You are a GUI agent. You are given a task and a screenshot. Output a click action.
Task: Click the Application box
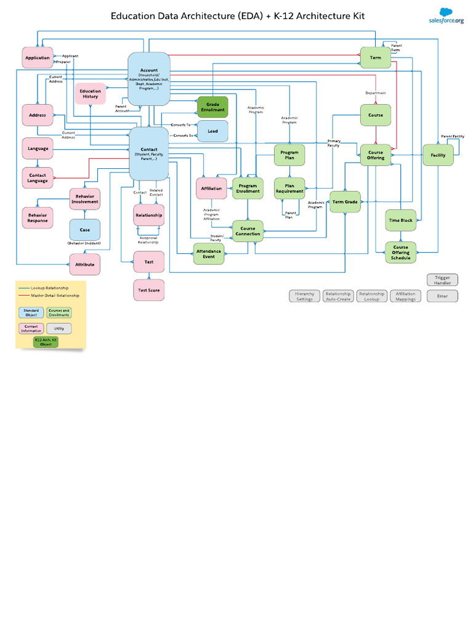coord(38,58)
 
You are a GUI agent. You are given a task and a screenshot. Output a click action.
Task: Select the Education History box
coord(91,94)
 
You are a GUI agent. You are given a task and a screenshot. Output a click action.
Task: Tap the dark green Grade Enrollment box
coord(212,107)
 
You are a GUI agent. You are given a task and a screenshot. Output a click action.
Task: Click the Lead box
coord(212,131)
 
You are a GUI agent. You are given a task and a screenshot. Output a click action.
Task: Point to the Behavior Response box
coord(37,217)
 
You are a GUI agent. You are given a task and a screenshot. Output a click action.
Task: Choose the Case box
coord(85,230)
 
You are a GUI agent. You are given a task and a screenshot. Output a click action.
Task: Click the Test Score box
coord(149,290)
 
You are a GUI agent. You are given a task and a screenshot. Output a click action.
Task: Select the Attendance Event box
coord(209,254)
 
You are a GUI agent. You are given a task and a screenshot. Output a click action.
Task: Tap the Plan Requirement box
coord(289,189)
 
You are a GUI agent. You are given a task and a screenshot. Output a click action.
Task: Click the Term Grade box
coord(345,202)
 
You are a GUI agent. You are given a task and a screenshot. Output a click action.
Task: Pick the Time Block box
coord(401,220)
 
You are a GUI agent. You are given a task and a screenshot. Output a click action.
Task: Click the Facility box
coord(438,155)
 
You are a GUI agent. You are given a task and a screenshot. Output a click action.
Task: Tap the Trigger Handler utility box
coord(442,280)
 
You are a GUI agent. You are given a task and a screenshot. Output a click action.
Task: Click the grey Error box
coord(442,296)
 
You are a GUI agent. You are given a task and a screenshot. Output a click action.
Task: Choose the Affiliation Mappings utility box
coord(405,296)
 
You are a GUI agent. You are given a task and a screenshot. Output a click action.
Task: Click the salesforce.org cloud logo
coord(446,15)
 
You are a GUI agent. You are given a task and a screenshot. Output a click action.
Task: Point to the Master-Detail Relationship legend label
coord(55,296)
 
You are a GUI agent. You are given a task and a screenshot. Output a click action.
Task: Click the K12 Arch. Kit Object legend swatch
coord(46,342)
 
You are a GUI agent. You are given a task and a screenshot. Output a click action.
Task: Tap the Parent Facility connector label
coord(452,136)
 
